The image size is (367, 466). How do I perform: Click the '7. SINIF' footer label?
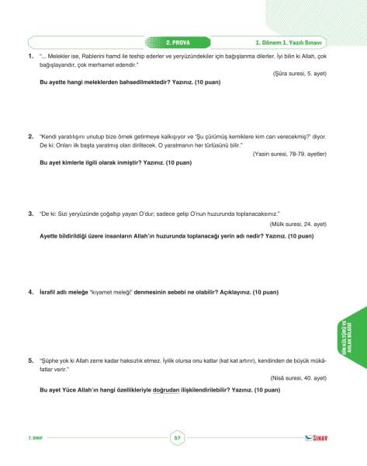tap(35, 439)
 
